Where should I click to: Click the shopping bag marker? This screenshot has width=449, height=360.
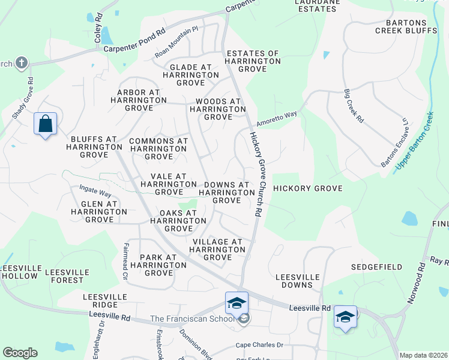tap(45, 124)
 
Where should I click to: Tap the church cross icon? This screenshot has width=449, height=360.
tap(22, 62)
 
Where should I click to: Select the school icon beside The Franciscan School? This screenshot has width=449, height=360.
tap(243, 319)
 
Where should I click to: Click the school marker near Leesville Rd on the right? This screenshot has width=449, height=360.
tap(345, 316)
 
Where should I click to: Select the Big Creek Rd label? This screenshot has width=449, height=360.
tap(354, 106)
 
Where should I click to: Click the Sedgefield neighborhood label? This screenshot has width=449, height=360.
tap(376, 264)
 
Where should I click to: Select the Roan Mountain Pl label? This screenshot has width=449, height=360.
tap(176, 43)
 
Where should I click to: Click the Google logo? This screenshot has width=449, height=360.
tap(20, 353)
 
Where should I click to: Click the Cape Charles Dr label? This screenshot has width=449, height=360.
tap(259, 345)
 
